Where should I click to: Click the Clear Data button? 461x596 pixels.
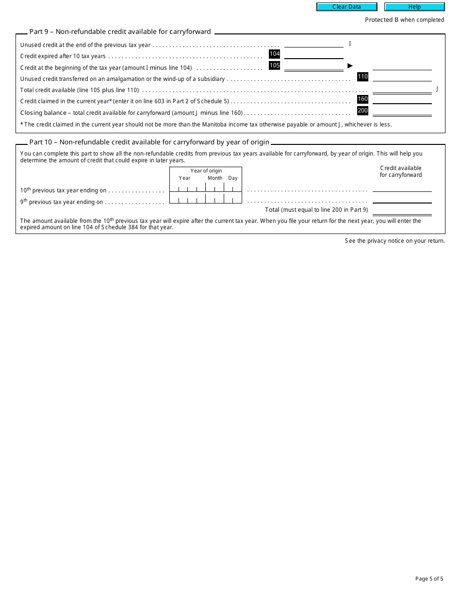[346, 7]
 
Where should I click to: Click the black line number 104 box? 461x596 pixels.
[275, 54]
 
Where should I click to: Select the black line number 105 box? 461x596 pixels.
[275, 65]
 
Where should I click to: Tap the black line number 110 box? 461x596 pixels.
[362, 77]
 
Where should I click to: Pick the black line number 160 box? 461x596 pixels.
[362, 99]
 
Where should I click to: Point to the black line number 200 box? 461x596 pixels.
[362, 110]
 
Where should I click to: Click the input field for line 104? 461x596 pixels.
[313, 54]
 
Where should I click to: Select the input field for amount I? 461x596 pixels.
[313, 44]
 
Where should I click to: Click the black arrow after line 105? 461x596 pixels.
[350, 65]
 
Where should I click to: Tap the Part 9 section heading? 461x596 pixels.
[120, 32]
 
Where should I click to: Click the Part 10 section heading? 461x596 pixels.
[149, 142]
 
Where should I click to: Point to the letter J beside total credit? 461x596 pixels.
[437, 89]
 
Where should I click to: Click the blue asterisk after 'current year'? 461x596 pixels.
[110, 101]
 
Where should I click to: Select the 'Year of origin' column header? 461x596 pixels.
[206, 171]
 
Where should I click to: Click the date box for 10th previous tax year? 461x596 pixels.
[206, 187]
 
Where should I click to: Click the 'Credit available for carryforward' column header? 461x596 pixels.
[401, 172]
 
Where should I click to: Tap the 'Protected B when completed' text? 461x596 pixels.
[404, 20]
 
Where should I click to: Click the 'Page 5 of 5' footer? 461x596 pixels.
[429, 579]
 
